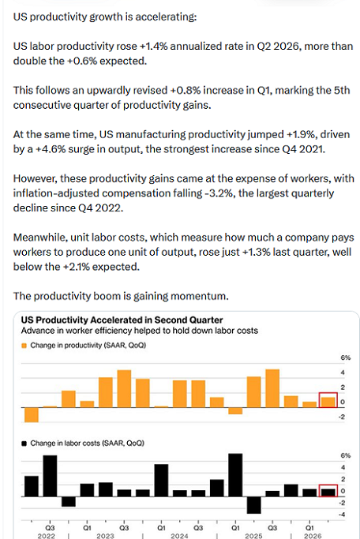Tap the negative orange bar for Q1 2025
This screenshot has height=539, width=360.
[235, 411]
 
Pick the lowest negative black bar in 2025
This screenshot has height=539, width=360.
[254, 505]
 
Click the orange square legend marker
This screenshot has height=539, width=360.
[24, 346]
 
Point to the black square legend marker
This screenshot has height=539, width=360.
[24, 444]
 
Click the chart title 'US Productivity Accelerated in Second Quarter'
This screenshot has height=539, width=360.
[122, 320]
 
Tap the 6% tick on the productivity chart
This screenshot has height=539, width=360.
[346, 357]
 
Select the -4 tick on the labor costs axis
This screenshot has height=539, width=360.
[342, 515]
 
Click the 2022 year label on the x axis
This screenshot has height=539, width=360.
[47, 536]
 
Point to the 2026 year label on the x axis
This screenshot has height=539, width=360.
[313, 536]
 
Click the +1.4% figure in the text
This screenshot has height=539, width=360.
[154, 46]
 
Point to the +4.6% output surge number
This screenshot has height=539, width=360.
[51, 149]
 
